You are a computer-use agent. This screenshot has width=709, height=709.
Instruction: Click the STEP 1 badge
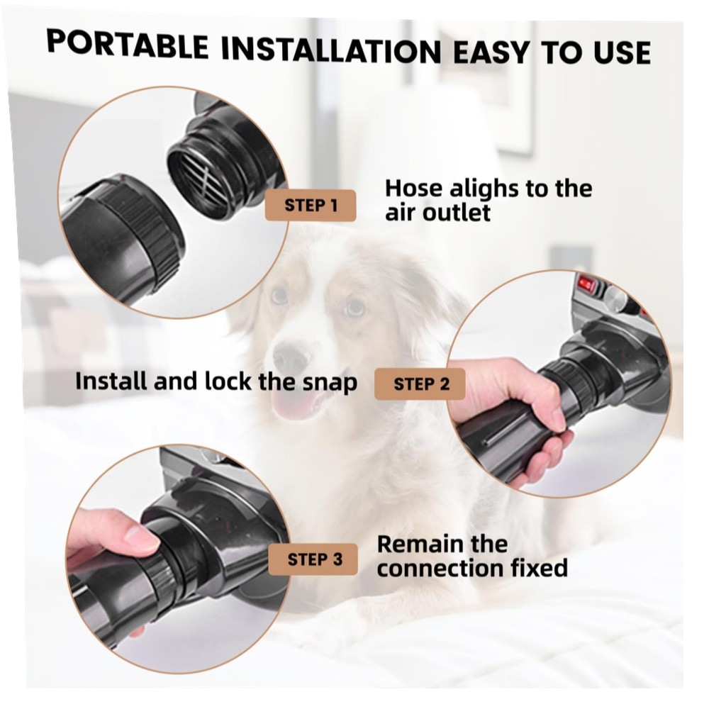(x=311, y=206)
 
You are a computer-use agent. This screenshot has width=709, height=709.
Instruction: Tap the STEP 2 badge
(x=420, y=384)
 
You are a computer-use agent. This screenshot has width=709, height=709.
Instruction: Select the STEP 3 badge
(x=313, y=559)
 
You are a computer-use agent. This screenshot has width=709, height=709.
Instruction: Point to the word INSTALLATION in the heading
(x=331, y=50)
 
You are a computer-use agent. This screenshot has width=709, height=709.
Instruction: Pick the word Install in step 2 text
(x=111, y=381)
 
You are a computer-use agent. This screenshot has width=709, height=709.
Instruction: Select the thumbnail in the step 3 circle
(x=141, y=535)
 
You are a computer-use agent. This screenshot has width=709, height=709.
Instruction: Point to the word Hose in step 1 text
(x=413, y=189)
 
